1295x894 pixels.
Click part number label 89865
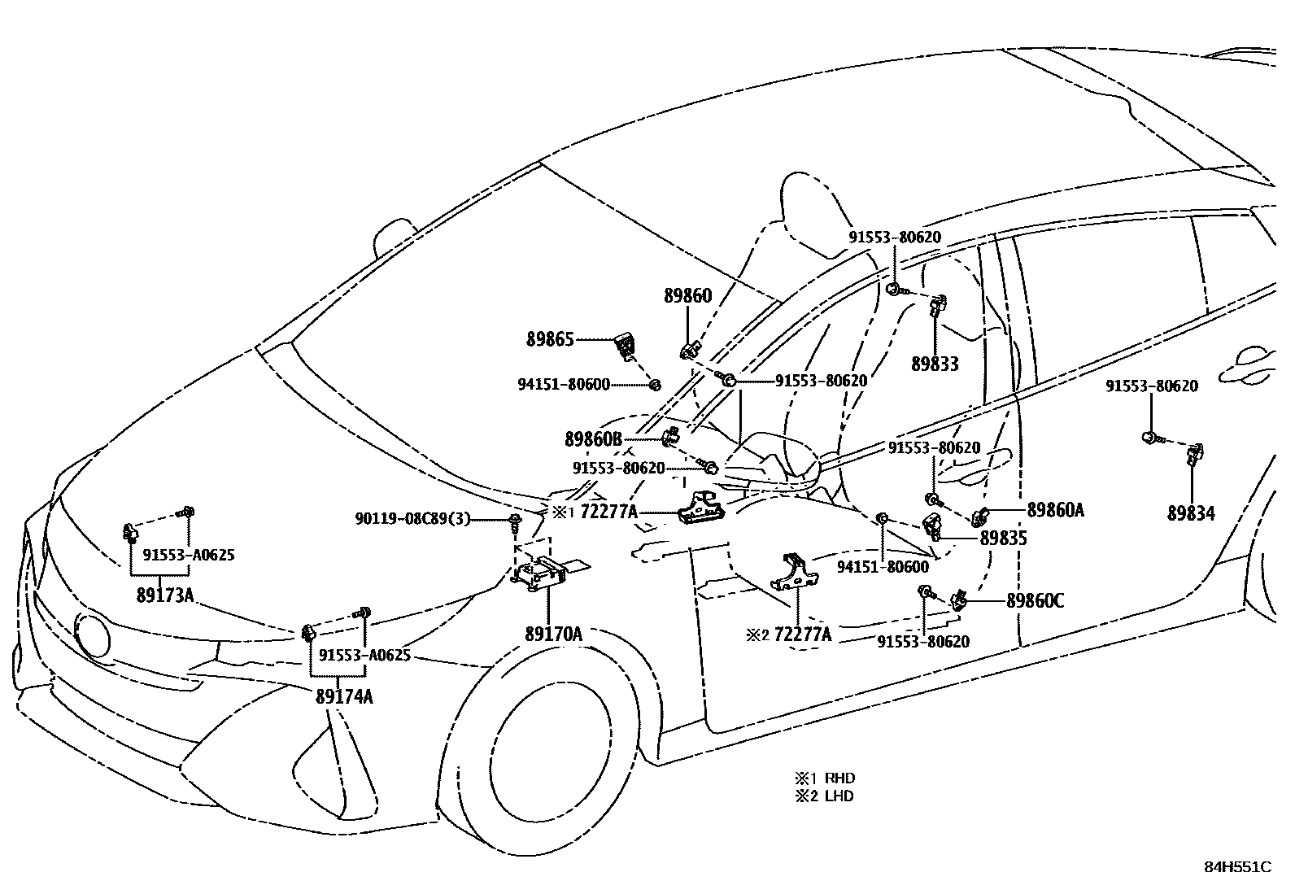(550, 340)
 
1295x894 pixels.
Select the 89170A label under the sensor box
(553, 634)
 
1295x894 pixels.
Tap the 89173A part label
(165, 595)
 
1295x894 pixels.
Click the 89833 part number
(935, 364)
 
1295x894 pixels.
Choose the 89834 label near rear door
(1191, 513)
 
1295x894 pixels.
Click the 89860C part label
(1035, 601)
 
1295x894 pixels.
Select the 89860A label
(1055, 510)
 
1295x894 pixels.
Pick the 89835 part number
(1004, 538)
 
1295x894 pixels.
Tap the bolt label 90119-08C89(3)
(412, 518)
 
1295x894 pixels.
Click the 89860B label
(593, 439)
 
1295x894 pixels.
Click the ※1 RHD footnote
(825, 778)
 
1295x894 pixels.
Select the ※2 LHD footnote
(825, 796)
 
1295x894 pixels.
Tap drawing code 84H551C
(1237, 867)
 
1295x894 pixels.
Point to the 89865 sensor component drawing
(625, 347)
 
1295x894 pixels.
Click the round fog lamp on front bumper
(92, 634)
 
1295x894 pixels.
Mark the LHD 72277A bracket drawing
(794, 571)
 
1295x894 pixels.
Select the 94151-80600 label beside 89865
(564, 384)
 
